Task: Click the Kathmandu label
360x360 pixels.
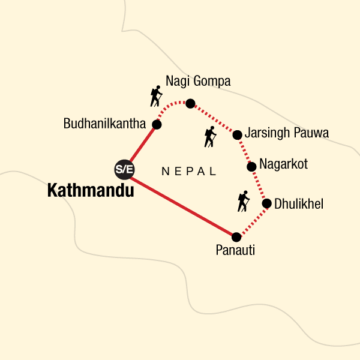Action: pos(90,191)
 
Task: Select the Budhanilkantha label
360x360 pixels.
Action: pos(105,124)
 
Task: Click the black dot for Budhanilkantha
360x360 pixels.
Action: pos(157,124)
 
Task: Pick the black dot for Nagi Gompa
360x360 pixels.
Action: pos(190,103)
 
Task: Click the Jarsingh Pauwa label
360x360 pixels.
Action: pos(286,134)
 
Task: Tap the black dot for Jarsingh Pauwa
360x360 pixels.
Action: pos(238,134)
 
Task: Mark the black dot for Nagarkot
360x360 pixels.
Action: pos(252,165)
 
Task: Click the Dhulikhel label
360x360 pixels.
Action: pos(298,204)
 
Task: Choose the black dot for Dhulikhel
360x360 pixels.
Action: pos(267,204)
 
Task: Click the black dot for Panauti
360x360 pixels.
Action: pos(236,236)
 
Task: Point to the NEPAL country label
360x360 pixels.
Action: pos(189,172)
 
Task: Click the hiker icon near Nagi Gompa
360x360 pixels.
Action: pos(156,97)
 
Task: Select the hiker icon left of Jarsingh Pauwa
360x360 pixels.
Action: pos(209,137)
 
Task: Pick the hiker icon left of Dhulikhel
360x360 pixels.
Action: pos(243,201)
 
